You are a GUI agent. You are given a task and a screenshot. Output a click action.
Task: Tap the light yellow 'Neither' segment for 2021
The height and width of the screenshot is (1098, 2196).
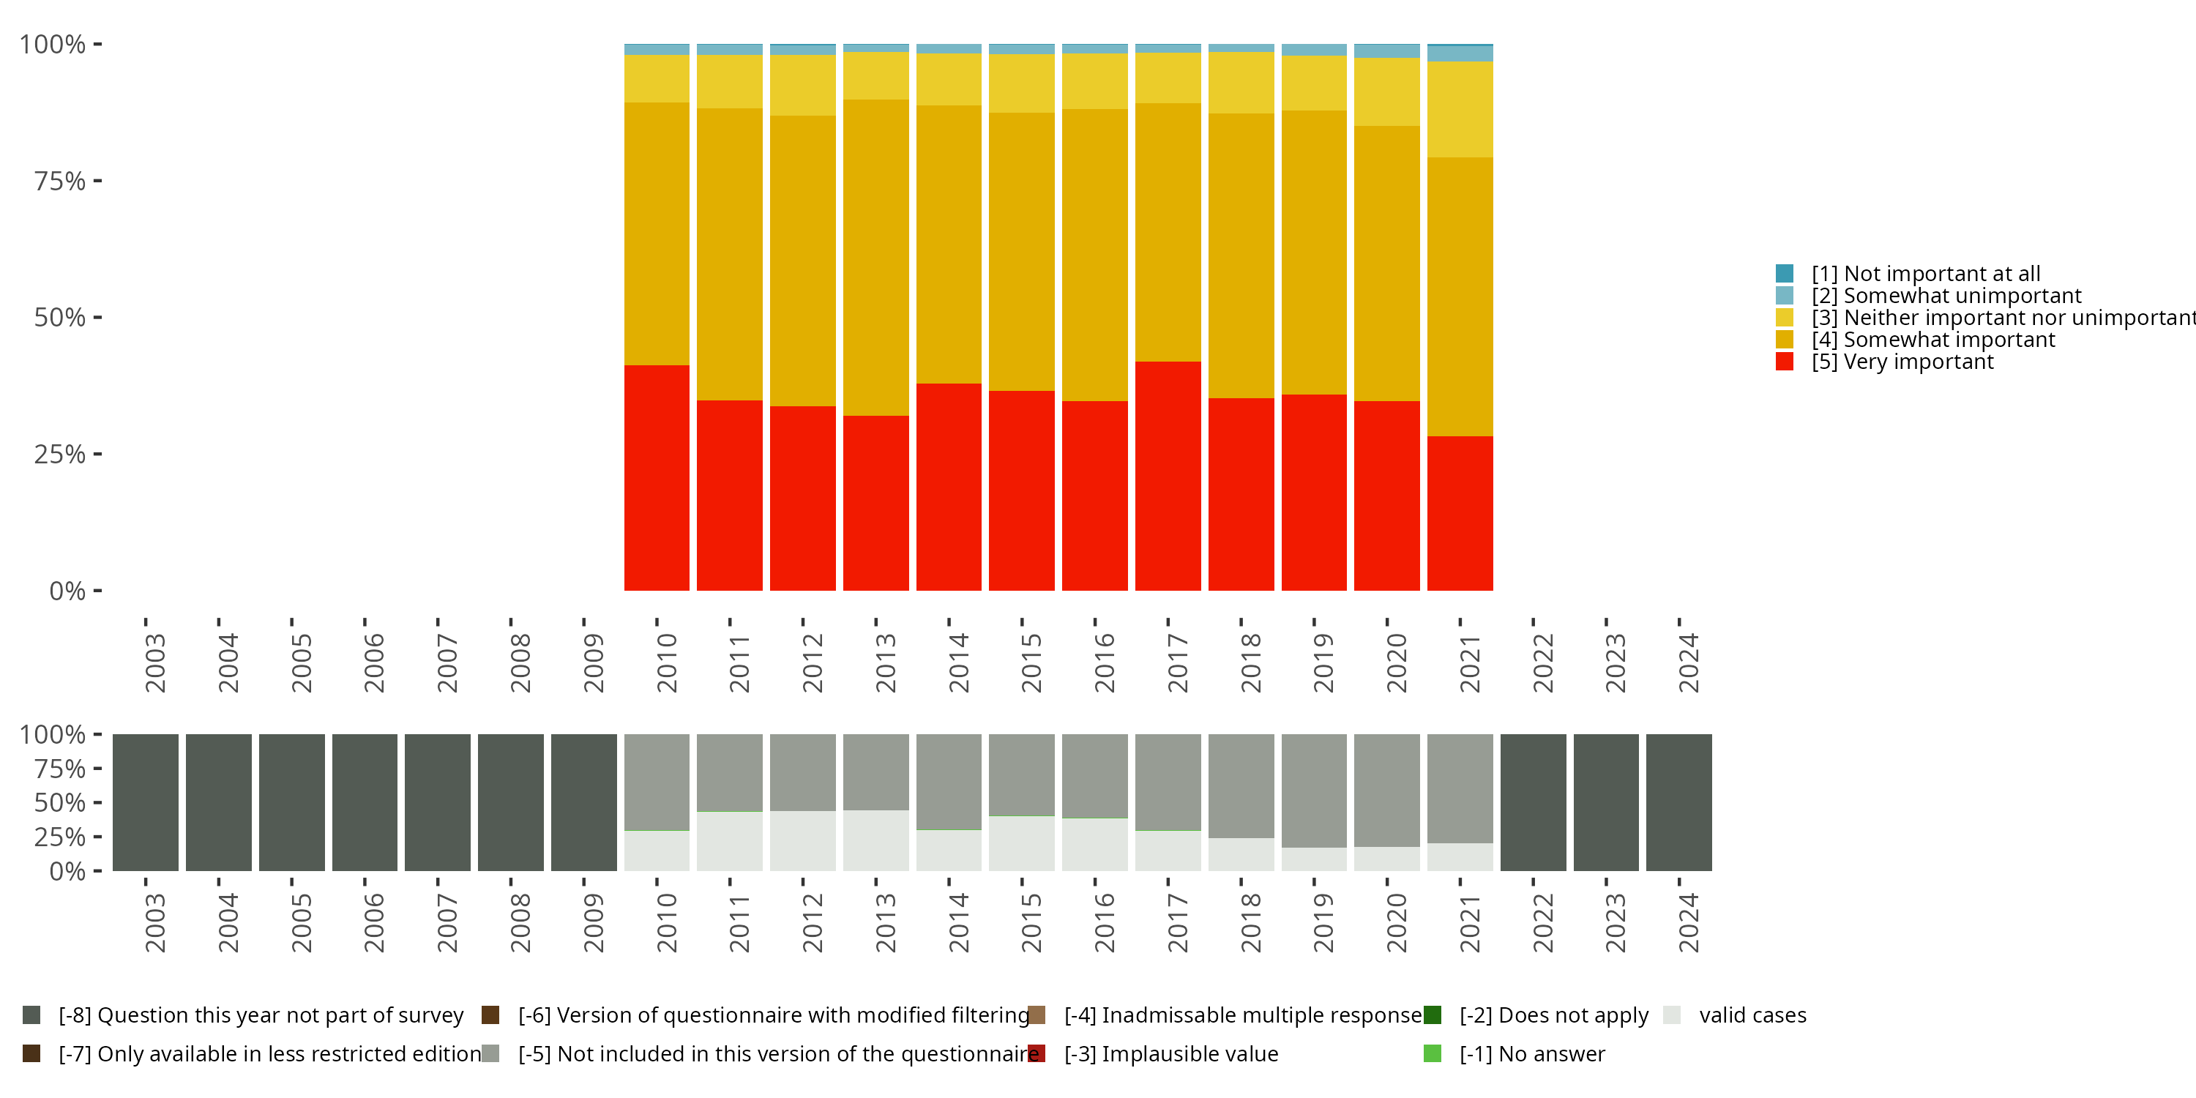click(1460, 109)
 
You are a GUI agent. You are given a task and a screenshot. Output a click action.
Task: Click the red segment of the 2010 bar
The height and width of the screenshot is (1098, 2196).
click(657, 477)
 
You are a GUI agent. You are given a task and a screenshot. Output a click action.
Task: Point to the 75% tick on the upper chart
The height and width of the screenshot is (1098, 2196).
click(97, 181)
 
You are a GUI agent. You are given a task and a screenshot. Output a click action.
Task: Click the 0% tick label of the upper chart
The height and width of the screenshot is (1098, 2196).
click(67, 591)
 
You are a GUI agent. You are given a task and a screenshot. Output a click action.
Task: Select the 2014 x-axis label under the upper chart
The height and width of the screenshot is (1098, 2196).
click(958, 662)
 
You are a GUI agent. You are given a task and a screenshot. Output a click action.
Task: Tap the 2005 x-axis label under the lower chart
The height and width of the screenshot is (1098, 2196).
click(301, 923)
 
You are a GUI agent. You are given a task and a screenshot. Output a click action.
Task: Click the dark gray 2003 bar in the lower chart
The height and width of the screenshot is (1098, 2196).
click(146, 802)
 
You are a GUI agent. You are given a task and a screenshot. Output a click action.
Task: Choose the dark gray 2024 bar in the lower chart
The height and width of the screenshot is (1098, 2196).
click(1678, 802)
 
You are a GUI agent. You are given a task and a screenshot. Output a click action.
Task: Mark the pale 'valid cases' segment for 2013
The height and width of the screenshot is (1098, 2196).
click(875, 840)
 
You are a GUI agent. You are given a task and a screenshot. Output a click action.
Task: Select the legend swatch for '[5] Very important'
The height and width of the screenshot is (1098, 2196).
click(1785, 362)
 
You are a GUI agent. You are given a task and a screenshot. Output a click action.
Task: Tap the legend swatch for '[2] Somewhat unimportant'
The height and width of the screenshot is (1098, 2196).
click(1785, 296)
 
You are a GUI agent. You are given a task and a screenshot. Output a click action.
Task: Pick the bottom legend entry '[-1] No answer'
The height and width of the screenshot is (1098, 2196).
click(1531, 1053)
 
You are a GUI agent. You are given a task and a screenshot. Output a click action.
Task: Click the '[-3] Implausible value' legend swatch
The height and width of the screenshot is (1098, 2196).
click(1037, 1053)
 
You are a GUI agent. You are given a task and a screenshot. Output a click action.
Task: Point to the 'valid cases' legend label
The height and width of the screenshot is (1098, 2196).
click(1752, 1015)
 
